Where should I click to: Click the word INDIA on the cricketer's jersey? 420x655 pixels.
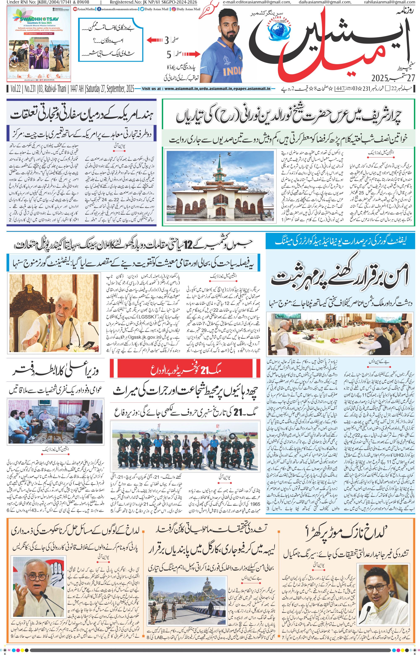pyautogui.click(x=232, y=71)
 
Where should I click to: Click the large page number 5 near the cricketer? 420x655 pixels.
pyautogui.click(x=169, y=55)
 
